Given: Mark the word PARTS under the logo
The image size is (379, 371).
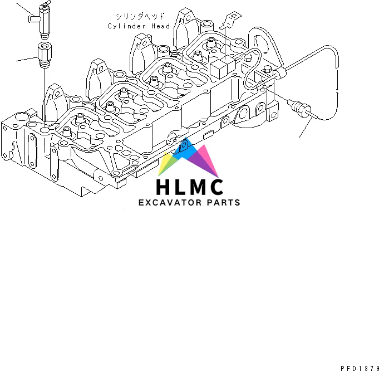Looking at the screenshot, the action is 223,203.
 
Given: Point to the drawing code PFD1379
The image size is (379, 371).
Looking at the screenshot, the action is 360,365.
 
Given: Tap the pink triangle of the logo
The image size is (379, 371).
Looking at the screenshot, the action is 209,158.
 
